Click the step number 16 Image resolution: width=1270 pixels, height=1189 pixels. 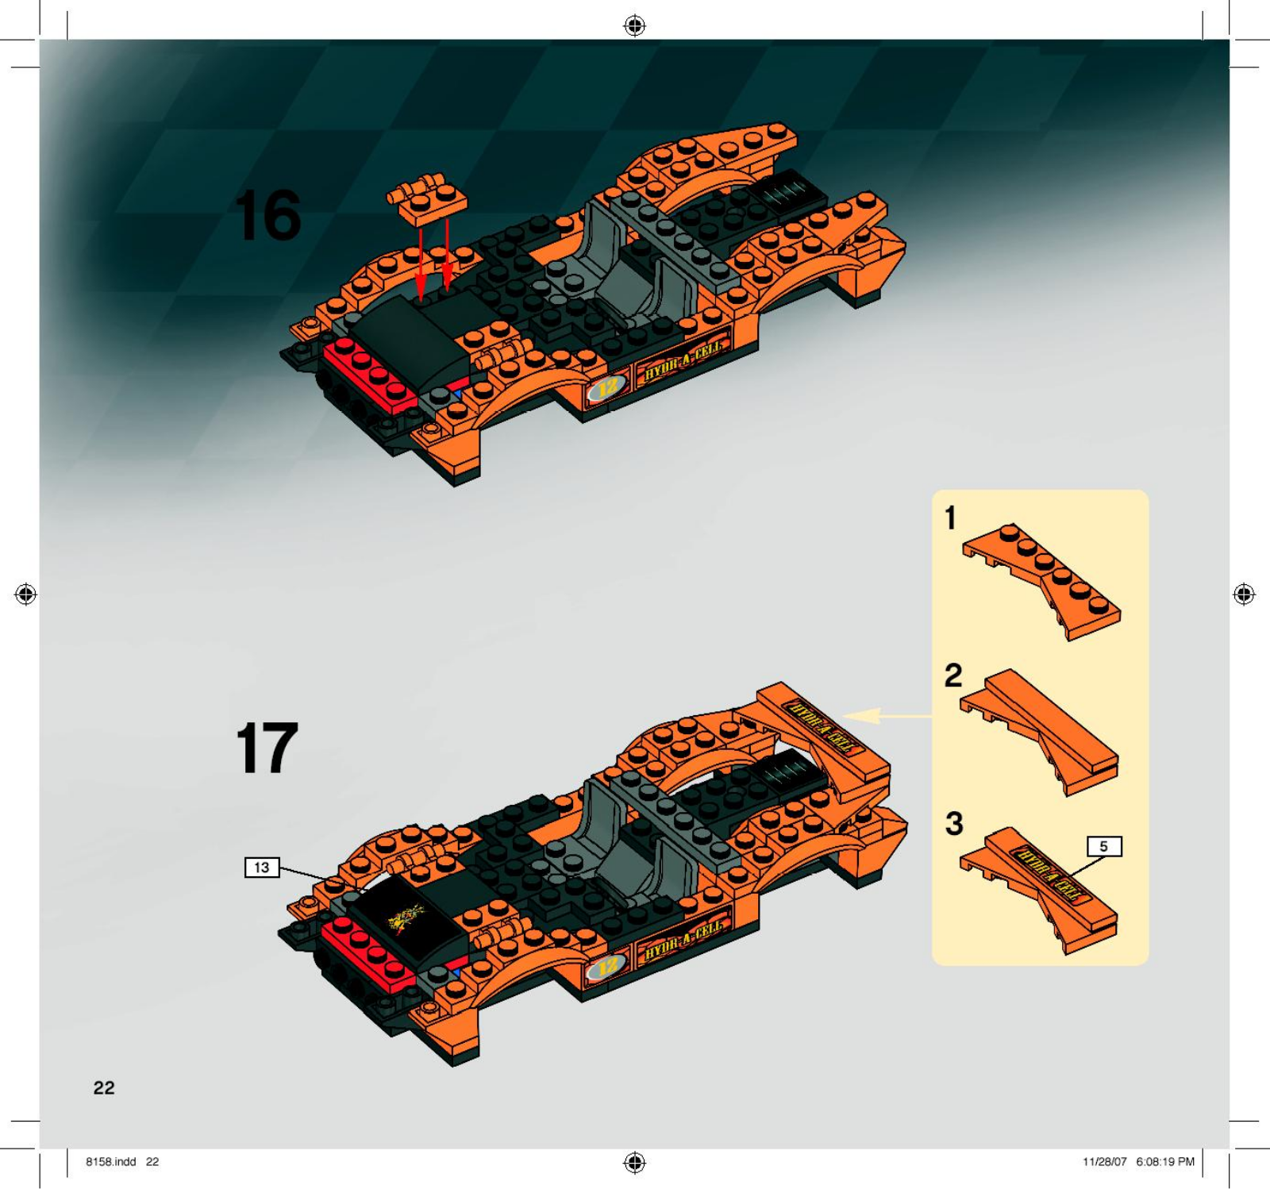pos(268,215)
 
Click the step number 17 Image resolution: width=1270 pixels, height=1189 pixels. pos(267,748)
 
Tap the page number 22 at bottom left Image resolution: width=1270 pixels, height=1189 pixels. pos(104,1088)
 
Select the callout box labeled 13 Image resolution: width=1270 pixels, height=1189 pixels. pos(262,868)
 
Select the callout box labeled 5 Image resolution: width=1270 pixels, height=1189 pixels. pos(1103,847)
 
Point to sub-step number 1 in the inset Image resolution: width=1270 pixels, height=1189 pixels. pos(950,518)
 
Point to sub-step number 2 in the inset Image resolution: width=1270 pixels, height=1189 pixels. pos(953,675)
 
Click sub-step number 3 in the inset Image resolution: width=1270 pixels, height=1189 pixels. pos(954,823)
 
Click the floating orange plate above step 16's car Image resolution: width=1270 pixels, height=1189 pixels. pos(427,196)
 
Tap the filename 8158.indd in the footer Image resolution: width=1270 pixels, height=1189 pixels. pos(111,1161)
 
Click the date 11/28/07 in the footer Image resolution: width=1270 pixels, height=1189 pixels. pos(1105,1161)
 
